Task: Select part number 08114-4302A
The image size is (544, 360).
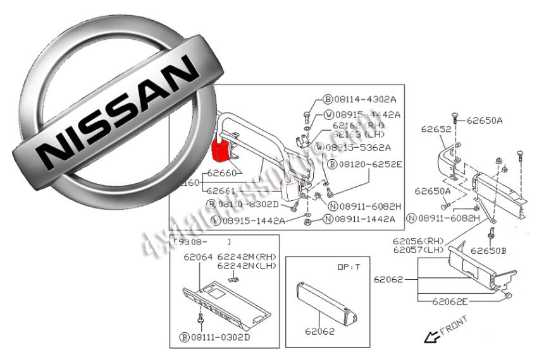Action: click(364, 99)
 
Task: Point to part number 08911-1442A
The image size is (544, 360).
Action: click(363, 219)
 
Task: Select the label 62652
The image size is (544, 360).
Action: click(435, 129)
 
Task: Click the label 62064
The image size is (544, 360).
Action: click(199, 256)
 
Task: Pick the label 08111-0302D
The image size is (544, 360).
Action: click(219, 336)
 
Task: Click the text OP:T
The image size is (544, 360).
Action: click(348, 267)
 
